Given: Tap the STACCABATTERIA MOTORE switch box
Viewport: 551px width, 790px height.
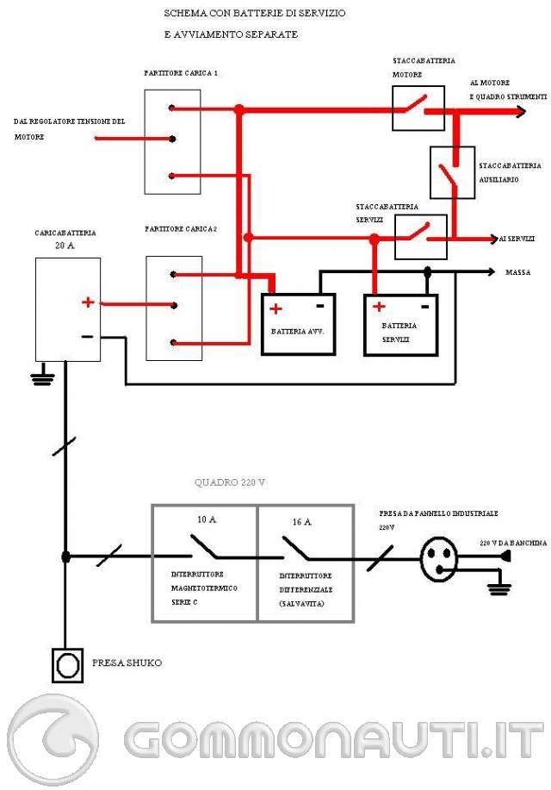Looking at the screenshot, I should (x=418, y=109).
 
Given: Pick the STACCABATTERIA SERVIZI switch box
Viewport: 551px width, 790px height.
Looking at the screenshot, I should (x=421, y=236).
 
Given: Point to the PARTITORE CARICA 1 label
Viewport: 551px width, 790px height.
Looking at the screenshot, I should (x=180, y=73).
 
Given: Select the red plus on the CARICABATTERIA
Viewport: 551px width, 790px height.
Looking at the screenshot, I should (x=88, y=302).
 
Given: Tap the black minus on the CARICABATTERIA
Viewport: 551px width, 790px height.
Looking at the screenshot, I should (x=88, y=336).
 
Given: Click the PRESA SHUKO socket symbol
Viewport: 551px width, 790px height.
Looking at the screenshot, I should (x=66, y=665).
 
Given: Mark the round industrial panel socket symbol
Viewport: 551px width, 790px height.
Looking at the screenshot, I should (x=442, y=557).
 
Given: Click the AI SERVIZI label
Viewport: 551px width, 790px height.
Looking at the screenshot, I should (x=517, y=238).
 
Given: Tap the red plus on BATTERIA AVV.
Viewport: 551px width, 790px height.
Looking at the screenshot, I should (x=275, y=308).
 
